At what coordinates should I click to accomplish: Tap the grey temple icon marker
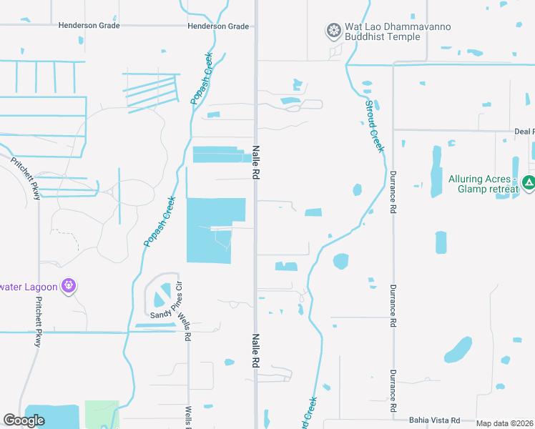pos(333,31)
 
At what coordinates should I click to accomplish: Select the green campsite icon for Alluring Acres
pos(528,184)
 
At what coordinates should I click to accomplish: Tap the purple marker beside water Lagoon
pos(69,286)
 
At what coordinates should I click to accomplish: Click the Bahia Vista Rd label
pos(433,420)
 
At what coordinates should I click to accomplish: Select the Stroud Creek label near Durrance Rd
pos(375,126)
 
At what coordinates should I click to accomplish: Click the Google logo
pos(24,420)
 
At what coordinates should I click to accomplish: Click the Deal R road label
pos(524,132)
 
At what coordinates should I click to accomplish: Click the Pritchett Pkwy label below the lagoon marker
pos(38,322)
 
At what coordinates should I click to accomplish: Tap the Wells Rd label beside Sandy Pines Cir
pos(187,320)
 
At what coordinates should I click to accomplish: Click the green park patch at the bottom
pos(101,415)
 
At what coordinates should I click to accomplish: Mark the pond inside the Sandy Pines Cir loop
pos(164,293)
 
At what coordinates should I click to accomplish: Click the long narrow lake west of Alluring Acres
pos(436,172)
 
